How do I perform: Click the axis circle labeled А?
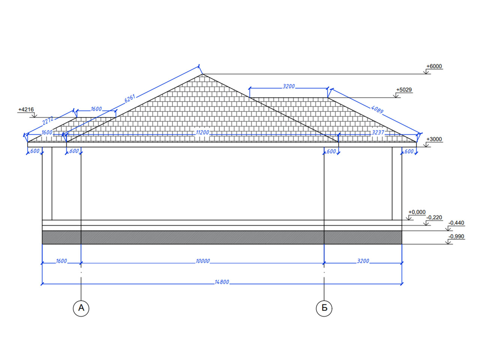[x=81, y=308]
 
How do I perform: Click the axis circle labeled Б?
[x=324, y=308]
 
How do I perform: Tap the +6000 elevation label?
[x=434, y=66]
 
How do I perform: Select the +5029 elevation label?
[x=404, y=90]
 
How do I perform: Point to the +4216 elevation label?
[x=26, y=109]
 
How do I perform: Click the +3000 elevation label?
[x=434, y=139]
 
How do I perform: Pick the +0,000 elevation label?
[x=417, y=212]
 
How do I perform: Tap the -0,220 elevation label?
[x=434, y=217]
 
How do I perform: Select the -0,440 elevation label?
[x=456, y=223]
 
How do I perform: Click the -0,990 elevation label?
[x=456, y=236]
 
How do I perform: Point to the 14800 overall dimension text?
[x=222, y=282]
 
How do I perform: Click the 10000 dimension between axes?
[x=202, y=261]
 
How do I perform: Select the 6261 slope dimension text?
[x=130, y=99]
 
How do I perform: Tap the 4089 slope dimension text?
[x=377, y=109]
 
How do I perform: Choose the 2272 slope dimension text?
[x=48, y=120]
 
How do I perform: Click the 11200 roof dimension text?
[x=202, y=132]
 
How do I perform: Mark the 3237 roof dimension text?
[x=378, y=132]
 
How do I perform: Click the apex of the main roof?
[x=202, y=74]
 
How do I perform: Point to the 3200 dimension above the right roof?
[x=289, y=87]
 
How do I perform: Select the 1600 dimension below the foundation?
[x=61, y=261]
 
